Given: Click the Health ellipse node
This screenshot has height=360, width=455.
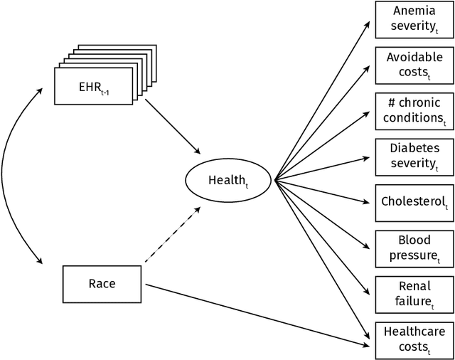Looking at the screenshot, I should (x=227, y=181).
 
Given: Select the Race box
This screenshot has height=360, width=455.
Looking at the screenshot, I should (x=102, y=283).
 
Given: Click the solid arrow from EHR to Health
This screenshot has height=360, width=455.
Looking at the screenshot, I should (x=172, y=126).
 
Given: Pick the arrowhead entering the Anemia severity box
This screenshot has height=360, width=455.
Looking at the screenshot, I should (x=367, y=24).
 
